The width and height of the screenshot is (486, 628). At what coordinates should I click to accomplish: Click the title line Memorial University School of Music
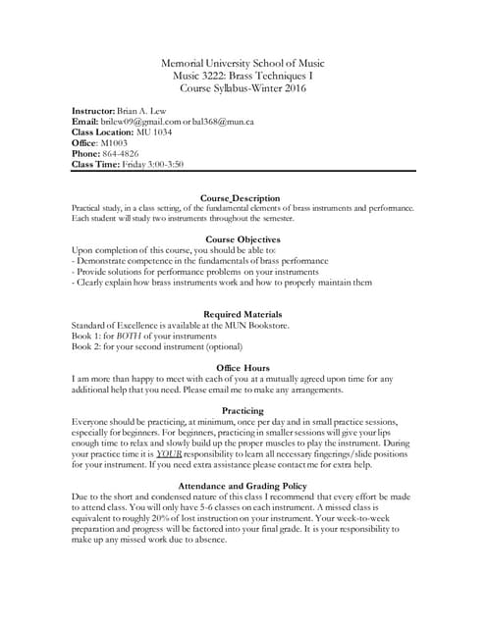click(243, 64)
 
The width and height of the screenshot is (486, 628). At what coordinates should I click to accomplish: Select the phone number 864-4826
click(124, 154)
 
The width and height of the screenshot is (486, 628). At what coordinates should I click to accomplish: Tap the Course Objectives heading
click(243, 239)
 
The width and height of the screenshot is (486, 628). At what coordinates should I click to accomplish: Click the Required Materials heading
click(243, 313)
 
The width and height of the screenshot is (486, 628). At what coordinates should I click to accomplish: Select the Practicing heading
click(243, 410)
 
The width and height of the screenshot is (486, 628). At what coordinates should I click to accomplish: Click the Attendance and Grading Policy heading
click(243, 486)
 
